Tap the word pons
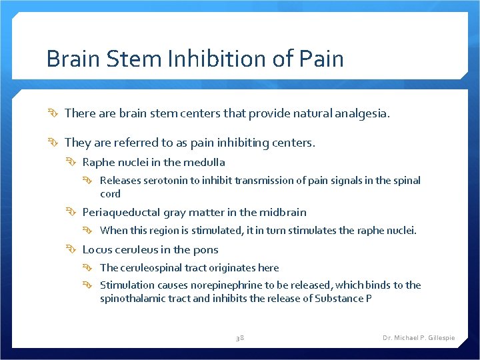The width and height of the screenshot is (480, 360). tap(206, 250)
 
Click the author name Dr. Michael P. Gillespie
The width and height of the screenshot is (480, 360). tap(418, 338)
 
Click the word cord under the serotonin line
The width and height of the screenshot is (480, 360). tap(110, 194)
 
